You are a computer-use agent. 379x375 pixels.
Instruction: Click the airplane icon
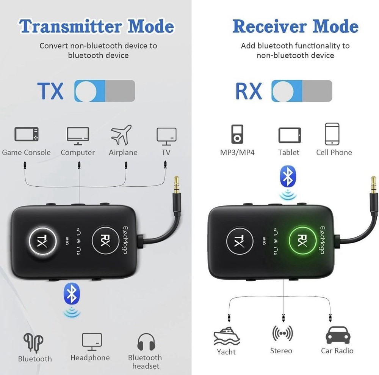[121, 135]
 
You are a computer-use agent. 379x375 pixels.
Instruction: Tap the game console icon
[27, 135]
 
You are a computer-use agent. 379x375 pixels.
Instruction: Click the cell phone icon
[332, 134]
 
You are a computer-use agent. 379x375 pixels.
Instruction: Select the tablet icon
[290, 135]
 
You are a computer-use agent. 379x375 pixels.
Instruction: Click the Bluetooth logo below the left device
[72, 293]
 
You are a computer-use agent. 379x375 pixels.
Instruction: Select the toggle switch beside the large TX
[105, 91]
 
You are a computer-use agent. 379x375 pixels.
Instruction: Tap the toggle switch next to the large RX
[302, 91]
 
